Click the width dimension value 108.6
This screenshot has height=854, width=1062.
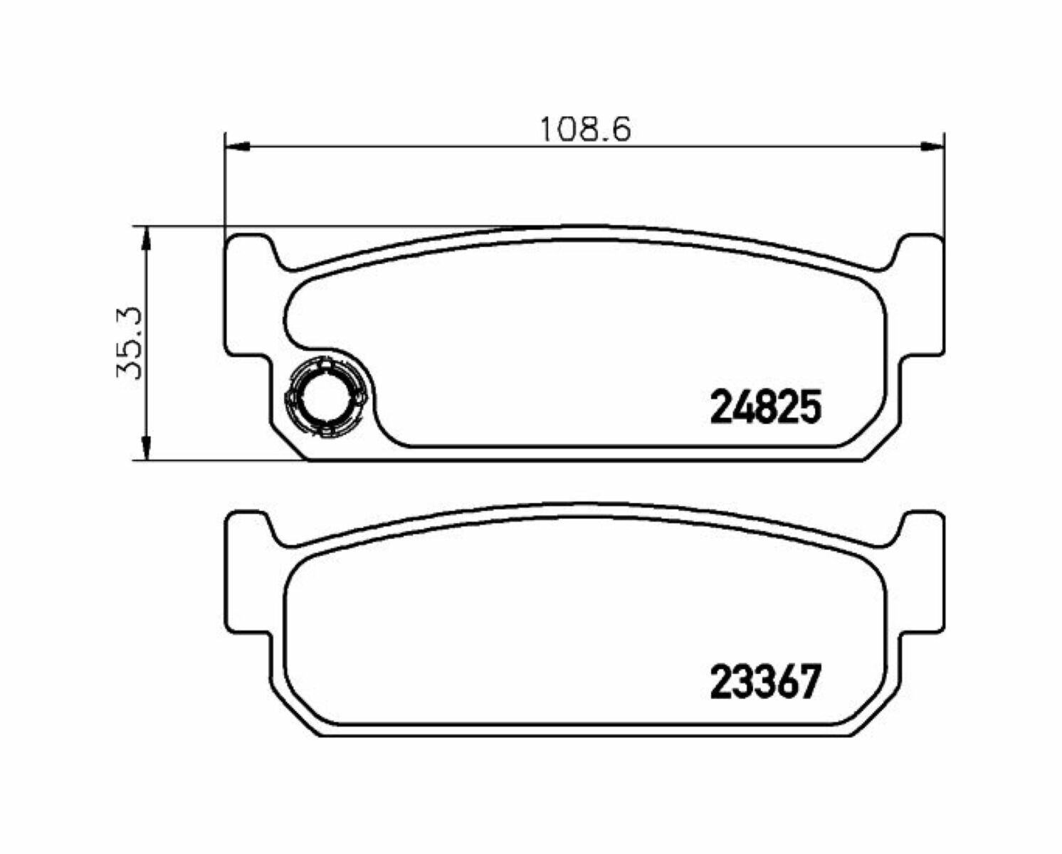[x=585, y=130]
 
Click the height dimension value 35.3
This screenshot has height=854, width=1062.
[x=130, y=342]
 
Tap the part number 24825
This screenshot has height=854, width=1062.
[x=765, y=406]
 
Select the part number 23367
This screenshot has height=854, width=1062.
[x=765, y=681]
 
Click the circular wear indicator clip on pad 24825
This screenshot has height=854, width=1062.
[x=326, y=396]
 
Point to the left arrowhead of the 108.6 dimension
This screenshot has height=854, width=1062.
[x=237, y=146]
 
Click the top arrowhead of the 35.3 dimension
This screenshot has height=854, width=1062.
[x=146, y=239]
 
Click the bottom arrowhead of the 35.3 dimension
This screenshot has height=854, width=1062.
[x=146, y=448]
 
